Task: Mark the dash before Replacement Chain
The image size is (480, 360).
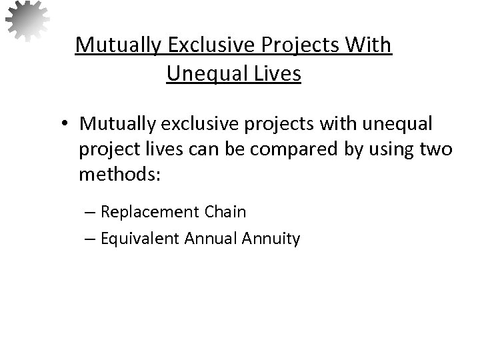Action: [91, 213]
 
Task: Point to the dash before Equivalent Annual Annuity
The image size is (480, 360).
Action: [91, 239]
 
